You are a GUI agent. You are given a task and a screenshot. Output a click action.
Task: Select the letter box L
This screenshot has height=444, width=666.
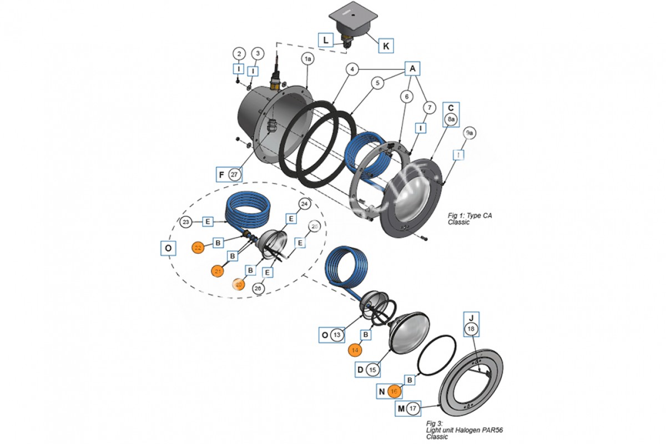pos(325,39)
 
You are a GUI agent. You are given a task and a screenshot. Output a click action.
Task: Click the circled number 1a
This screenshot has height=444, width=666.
pos(308,58)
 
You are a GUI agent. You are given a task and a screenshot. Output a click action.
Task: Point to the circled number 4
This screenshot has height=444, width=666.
pos(351,69)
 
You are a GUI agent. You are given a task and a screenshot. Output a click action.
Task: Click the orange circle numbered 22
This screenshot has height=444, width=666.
pos(198,248)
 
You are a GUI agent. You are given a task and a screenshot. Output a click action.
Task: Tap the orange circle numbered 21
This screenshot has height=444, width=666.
pos(218,271)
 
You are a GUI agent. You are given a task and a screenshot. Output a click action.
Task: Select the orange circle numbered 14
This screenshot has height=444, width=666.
pos(355,350)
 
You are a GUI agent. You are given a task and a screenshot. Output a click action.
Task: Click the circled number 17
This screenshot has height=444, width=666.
pos(412,409)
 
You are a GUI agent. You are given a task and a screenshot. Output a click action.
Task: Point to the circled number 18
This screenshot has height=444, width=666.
pos(471,330)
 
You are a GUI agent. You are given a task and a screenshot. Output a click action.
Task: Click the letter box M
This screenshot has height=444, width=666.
pos(401,409)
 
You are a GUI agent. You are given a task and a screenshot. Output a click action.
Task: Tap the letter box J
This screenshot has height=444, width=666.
pos(471,317)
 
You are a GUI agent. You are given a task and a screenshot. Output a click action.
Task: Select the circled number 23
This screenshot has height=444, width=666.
pos(186,222)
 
